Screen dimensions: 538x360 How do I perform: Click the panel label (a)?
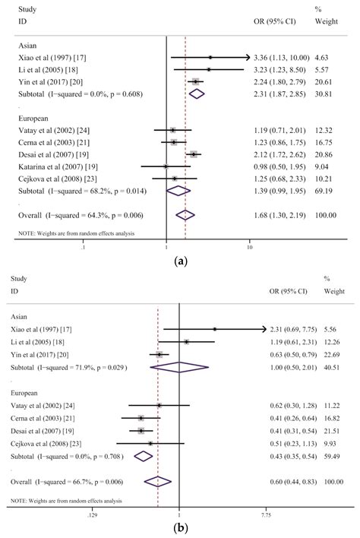click(x=181, y=261)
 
